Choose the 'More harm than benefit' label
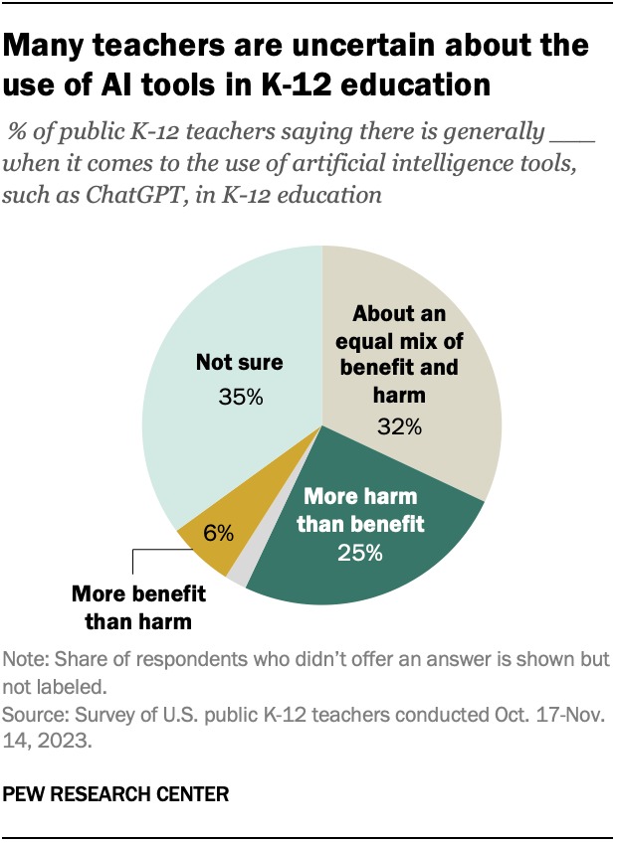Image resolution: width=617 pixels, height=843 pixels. click(x=359, y=508)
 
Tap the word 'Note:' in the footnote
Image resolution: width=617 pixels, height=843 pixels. click(x=25, y=659)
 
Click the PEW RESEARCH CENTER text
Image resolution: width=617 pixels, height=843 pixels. click(x=115, y=795)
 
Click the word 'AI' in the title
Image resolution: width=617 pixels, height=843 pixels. click(x=135, y=84)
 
